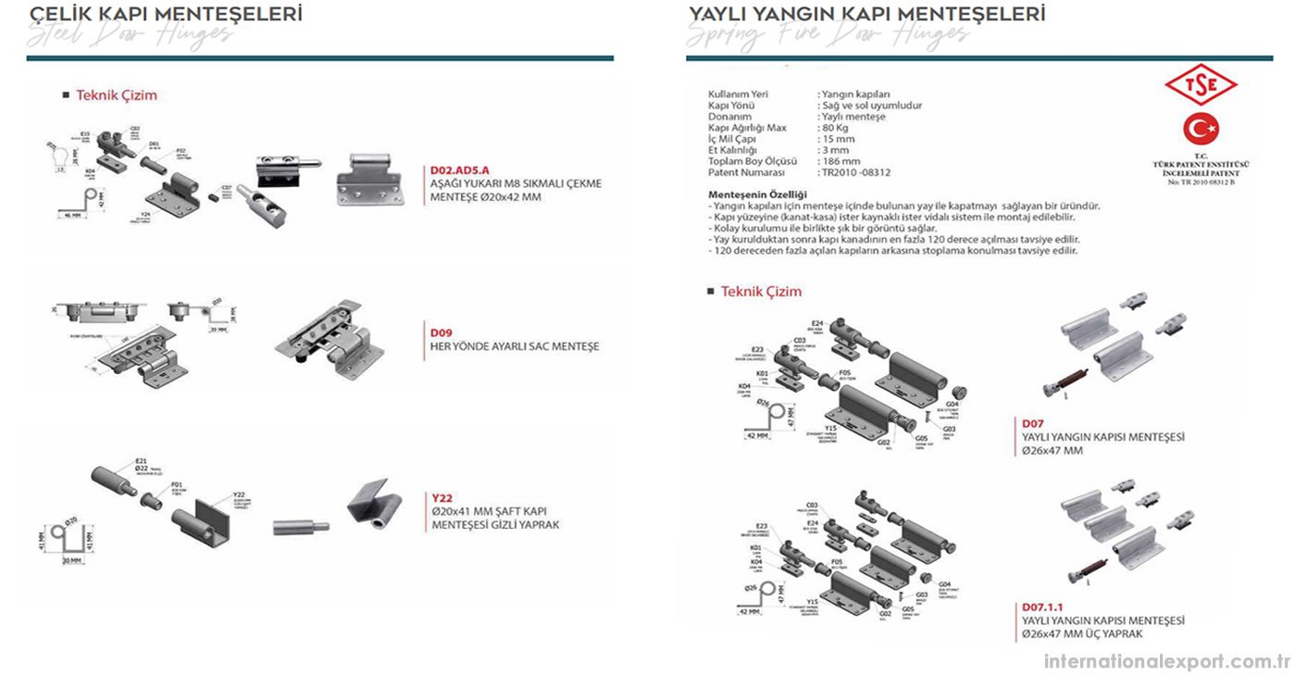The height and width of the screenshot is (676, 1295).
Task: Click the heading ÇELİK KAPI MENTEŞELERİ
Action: tap(166, 14)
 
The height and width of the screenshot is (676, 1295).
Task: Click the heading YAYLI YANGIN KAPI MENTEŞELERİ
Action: tap(866, 14)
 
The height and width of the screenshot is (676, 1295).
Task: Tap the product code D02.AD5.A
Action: tap(460, 170)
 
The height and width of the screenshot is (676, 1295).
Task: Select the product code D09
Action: tap(440, 332)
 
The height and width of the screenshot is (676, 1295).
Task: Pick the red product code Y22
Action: tap(441, 497)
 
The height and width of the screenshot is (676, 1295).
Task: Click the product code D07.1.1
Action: tap(1042, 607)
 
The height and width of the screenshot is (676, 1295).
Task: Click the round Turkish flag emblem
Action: tap(1201, 128)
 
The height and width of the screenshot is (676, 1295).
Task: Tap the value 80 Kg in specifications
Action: tap(835, 128)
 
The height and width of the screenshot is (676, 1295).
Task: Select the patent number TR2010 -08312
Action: tap(856, 172)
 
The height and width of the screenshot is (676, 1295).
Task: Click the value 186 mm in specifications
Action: tap(840, 161)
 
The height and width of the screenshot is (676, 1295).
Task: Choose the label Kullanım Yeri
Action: tap(738, 94)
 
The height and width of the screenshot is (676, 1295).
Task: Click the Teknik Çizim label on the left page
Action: tap(117, 94)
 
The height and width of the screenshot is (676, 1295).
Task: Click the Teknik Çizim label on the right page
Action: tap(761, 291)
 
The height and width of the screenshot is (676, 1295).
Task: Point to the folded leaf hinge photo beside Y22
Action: tap(375, 506)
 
